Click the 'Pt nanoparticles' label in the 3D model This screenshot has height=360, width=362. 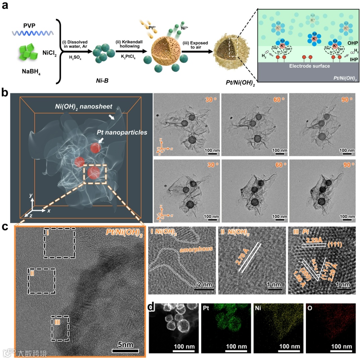(122, 133)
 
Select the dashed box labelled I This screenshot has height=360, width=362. (59, 243)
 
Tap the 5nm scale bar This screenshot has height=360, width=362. (125, 351)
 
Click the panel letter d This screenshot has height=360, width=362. (152, 306)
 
